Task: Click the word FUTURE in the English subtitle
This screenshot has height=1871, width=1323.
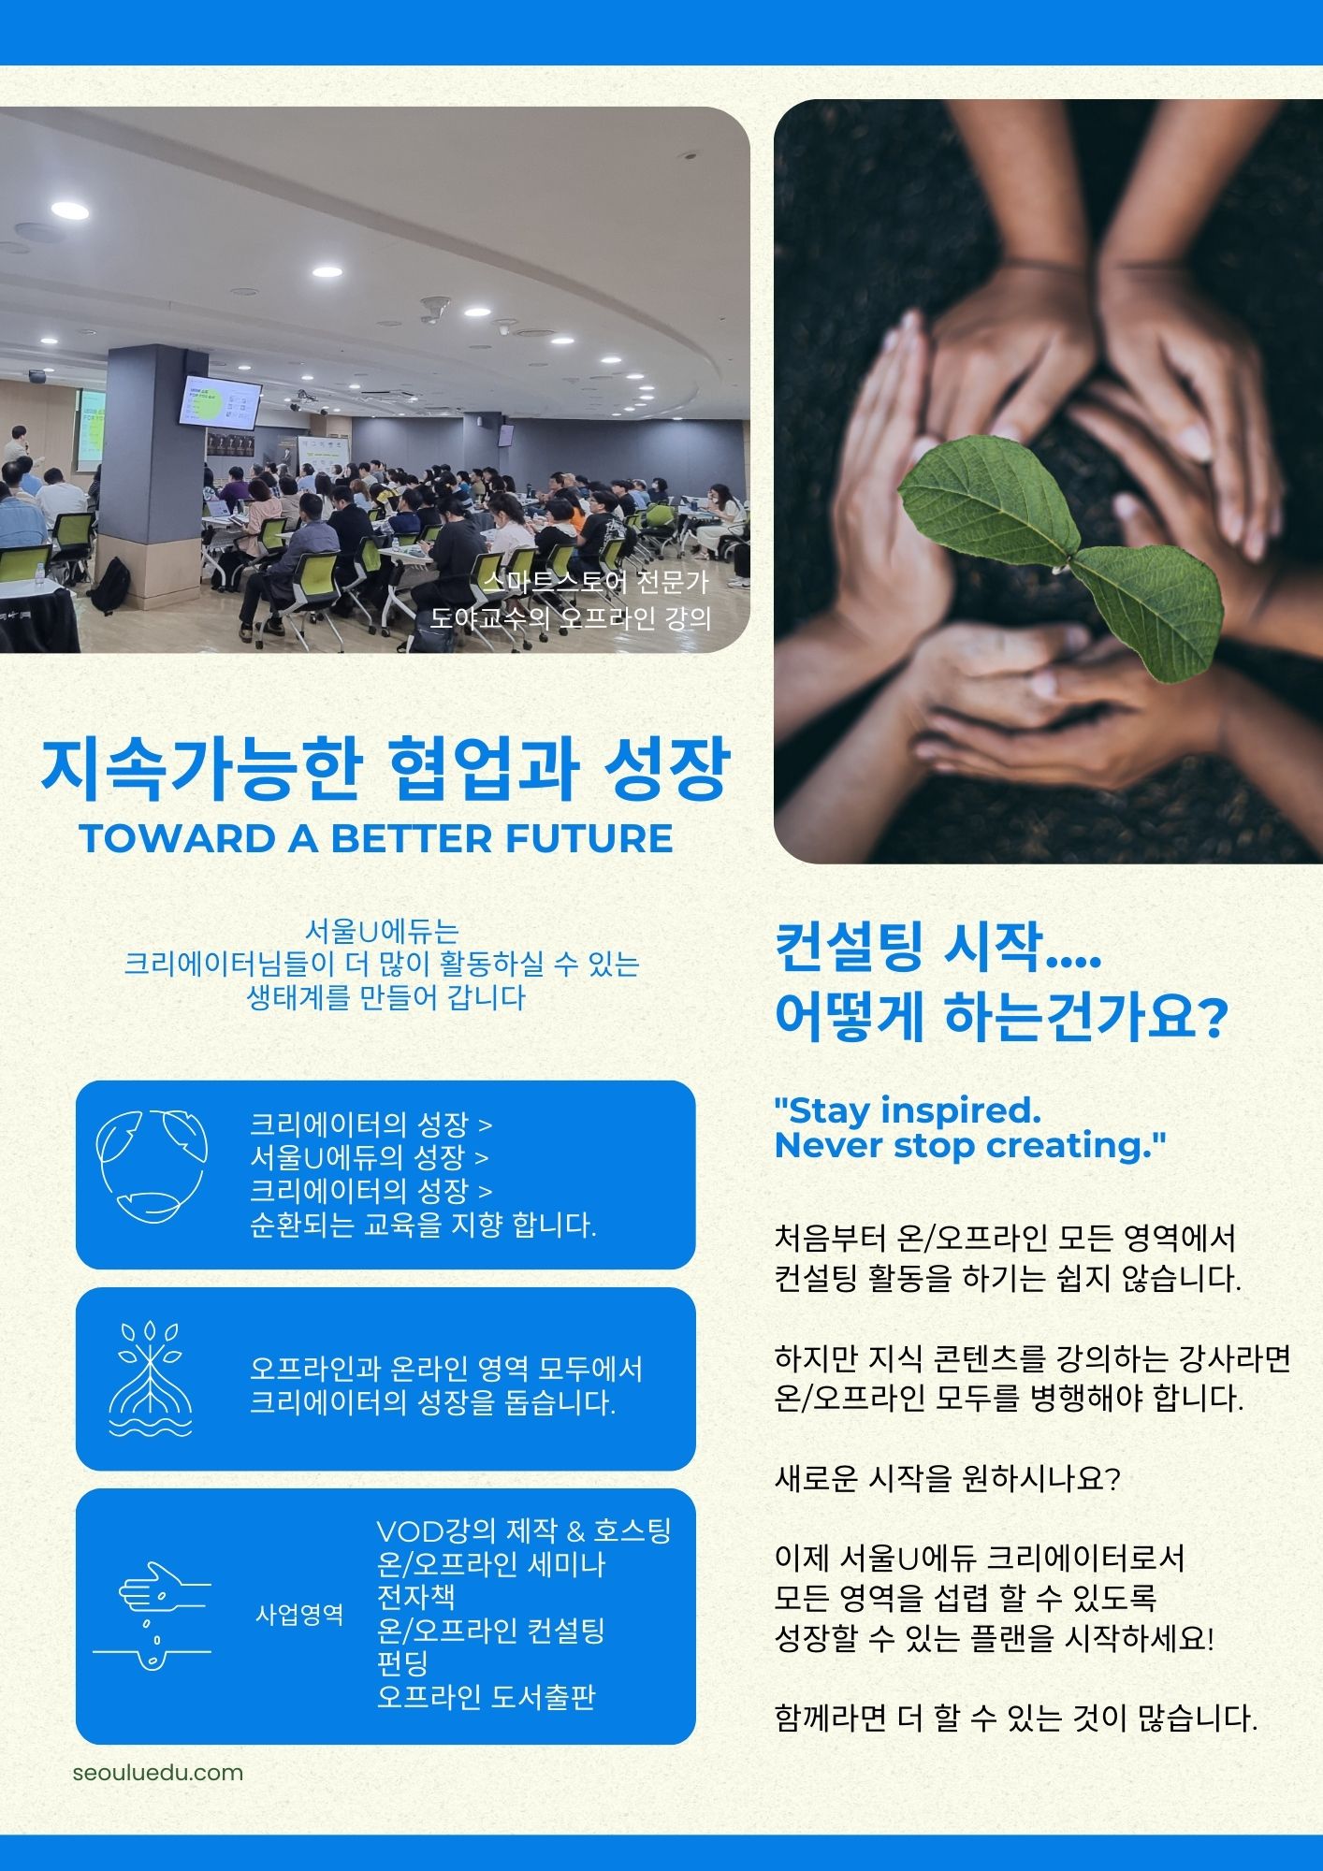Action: pyautogui.click(x=589, y=838)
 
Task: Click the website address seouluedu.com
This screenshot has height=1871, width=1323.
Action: pyautogui.click(x=157, y=1772)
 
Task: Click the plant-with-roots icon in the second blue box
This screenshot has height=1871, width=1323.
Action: pyautogui.click(x=150, y=1377)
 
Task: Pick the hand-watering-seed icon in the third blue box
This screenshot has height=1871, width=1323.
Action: pyautogui.click(x=153, y=1614)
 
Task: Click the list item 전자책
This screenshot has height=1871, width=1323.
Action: pyautogui.click(x=415, y=1596)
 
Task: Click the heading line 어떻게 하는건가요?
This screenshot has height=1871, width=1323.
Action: pyautogui.click(x=1000, y=1017)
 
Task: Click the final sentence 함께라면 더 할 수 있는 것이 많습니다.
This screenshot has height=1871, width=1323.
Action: pyautogui.click(x=1015, y=1717)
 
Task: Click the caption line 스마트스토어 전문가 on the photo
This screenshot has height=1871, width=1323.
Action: pyautogui.click(x=596, y=582)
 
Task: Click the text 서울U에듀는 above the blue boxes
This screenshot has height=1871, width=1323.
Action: pyautogui.click(x=383, y=931)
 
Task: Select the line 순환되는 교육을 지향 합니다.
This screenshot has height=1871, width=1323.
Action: pyautogui.click(x=423, y=1224)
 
